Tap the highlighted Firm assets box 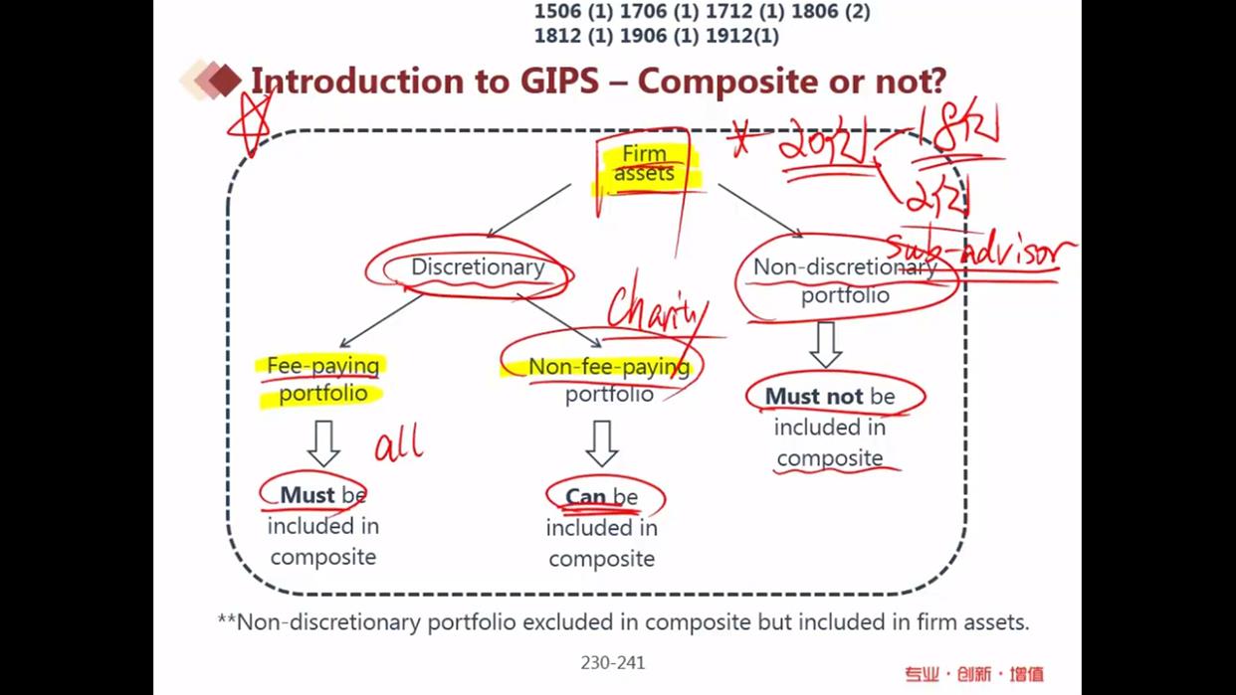[x=644, y=164]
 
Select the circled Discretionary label [x=478, y=267]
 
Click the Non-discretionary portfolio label [x=845, y=280]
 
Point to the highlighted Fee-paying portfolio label [x=322, y=379]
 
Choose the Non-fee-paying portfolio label [x=609, y=380]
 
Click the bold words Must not [x=815, y=396]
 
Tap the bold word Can [x=585, y=496]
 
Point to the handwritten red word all [x=398, y=442]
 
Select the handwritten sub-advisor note [x=980, y=253]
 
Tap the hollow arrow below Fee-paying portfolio [x=323, y=443]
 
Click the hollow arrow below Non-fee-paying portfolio [x=601, y=443]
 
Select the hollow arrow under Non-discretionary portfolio [x=825, y=344]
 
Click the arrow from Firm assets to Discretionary [x=529, y=210]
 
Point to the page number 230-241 [x=612, y=662]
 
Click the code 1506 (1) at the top [x=573, y=12]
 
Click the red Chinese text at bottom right [x=973, y=674]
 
